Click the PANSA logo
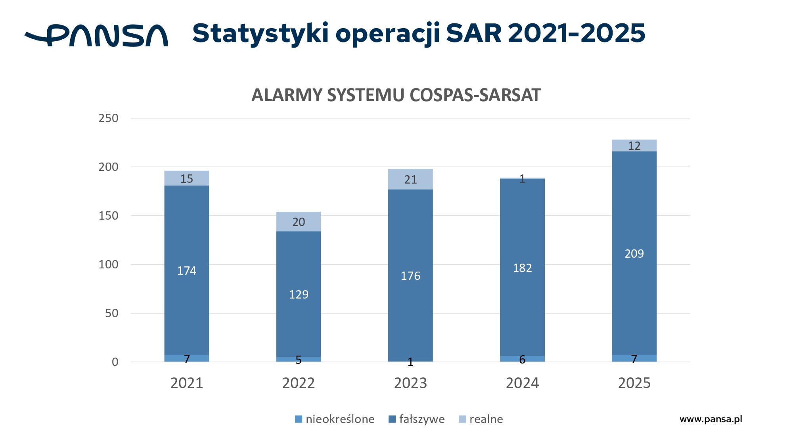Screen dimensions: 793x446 tap(96, 35)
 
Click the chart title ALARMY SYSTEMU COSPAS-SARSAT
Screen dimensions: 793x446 tap(396, 95)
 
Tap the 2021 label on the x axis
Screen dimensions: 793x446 tap(187, 383)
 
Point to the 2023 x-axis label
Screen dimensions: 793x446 tap(410, 383)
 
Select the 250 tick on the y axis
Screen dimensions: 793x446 tap(109, 118)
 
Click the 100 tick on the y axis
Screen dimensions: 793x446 tap(109, 264)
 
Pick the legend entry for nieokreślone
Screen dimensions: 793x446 tap(335, 419)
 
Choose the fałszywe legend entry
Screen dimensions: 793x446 tap(416, 419)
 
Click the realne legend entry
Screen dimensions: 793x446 tap(481, 419)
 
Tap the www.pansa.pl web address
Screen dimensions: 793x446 tap(711, 419)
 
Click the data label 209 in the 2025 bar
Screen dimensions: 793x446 tap(634, 254)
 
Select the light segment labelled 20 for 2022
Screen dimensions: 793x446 tap(299, 222)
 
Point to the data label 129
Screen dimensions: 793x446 tap(299, 295)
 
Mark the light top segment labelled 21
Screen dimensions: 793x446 tap(410, 179)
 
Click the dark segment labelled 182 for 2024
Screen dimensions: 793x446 tap(523, 267)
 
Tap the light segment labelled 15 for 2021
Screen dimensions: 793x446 tap(187, 178)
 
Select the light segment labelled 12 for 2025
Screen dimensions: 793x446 tap(634, 145)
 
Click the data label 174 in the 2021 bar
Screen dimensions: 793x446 tap(187, 271)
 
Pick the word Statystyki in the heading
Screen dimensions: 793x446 tap(261, 34)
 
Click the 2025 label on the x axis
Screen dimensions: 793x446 tap(634, 383)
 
